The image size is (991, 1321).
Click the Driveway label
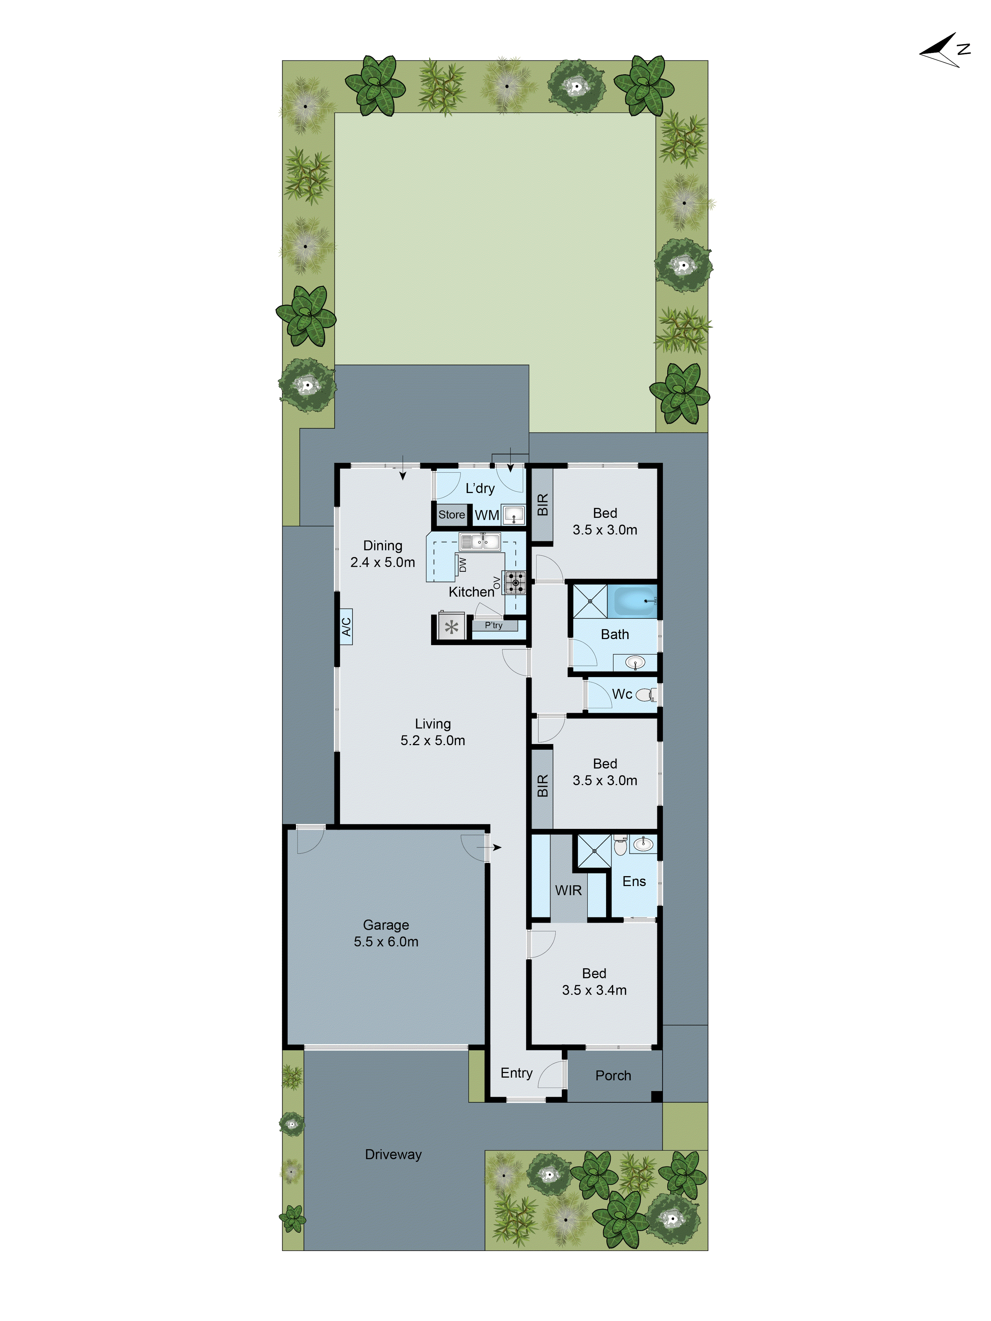[393, 1154]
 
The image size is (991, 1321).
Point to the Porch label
[613, 1076]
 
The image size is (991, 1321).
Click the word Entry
[516, 1073]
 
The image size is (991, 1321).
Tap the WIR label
[568, 890]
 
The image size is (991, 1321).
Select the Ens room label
[634, 881]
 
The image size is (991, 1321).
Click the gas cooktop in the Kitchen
[515, 582]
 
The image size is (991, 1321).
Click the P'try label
[494, 625]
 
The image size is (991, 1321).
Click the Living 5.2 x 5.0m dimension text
[432, 740]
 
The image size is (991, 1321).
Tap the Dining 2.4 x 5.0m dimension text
[382, 562]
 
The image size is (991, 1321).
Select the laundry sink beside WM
[513, 515]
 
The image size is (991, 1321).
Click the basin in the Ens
[643, 844]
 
